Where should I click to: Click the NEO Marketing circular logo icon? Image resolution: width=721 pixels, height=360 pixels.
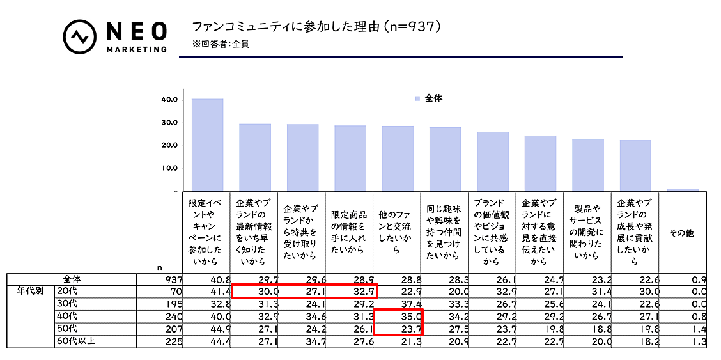(80, 37)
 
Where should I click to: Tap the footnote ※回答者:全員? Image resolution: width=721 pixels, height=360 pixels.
(221, 45)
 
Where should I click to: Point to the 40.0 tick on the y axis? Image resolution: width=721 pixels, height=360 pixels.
(169, 100)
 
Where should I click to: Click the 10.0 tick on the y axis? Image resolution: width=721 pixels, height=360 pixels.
(169, 169)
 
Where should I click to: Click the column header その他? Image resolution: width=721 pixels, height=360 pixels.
(681, 233)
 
